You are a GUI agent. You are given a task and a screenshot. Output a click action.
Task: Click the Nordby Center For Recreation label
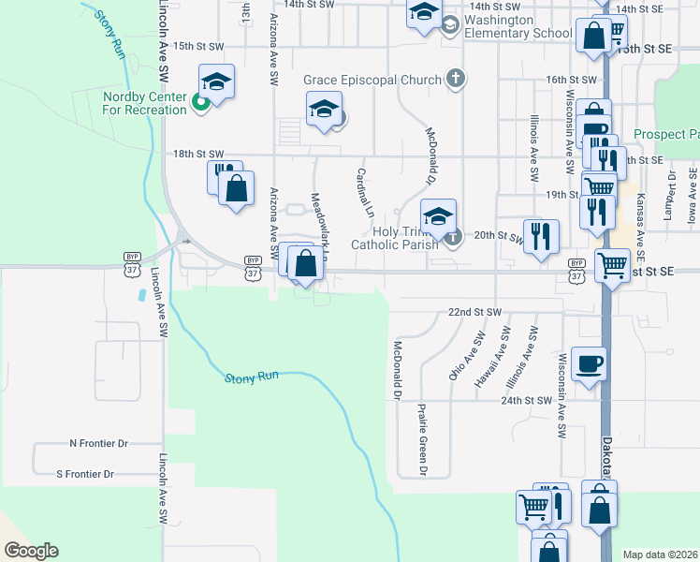click(x=145, y=103)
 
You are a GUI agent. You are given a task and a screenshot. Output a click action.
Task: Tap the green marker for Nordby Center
click(x=200, y=103)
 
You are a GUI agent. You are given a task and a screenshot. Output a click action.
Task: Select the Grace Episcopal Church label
click(x=372, y=80)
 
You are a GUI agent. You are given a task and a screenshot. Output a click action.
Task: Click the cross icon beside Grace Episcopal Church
click(x=455, y=79)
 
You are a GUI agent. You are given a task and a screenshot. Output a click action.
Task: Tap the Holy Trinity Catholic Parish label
click(x=394, y=238)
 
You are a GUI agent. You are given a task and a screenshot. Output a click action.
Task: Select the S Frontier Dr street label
click(x=85, y=475)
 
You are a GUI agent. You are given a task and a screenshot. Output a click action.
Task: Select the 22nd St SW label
click(x=475, y=311)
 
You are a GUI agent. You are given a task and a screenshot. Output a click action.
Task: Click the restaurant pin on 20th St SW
click(x=541, y=236)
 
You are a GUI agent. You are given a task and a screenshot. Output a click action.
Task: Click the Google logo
click(x=30, y=551)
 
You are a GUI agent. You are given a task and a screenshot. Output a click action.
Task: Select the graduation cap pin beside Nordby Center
click(x=216, y=82)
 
